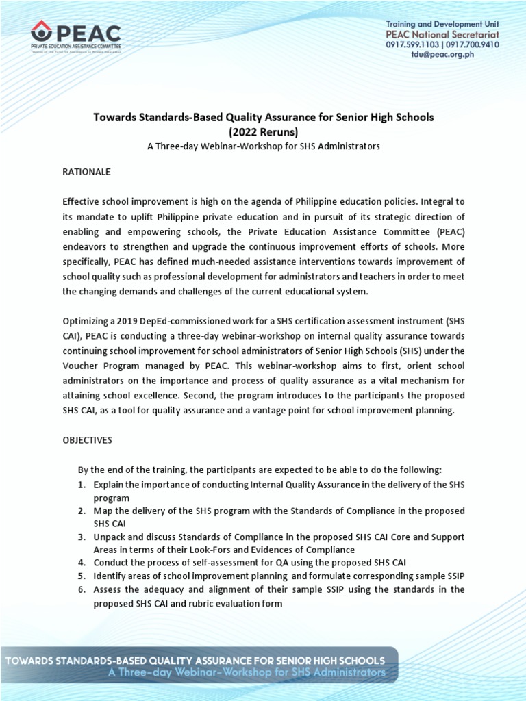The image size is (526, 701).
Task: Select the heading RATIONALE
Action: pos(86,172)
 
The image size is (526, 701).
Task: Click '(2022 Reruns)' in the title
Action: pos(263,131)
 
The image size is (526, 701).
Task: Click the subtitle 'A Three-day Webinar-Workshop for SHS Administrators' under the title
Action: pos(263,146)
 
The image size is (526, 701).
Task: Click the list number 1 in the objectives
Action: pos(80,485)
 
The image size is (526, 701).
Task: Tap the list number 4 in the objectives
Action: pos(80,563)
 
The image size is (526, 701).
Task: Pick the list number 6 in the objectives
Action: pos(80,589)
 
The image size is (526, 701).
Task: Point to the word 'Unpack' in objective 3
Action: pos(109,537)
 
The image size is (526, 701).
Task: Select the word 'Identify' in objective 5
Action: pos(110,576)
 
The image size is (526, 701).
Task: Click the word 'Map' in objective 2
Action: pos(103,511)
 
